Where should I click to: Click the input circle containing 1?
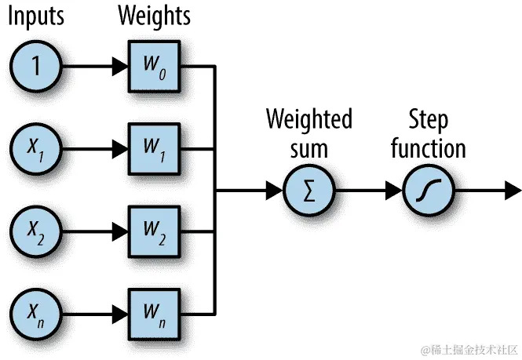pyautogui.click(x=35, y=66)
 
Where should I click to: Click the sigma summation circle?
pyautogui.click(x=308, y=190)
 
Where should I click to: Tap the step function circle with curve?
pyautogui.click(x=429, y=190)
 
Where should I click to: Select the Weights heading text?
pyautogui.click(x=154, y=15)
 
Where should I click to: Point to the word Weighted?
pyautogui.click(x=308, y=120)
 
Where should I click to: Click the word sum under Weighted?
pyautogui.click(x=308, y=147)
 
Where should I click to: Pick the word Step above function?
pyautogui.click(x=429, y=120)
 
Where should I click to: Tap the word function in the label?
pyautogui.click(x=429, y=147)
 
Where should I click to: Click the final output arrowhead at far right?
pyautogui.click(x=512, y=190)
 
